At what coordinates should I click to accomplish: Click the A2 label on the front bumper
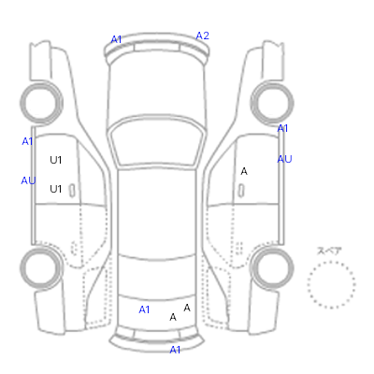click(x=202, y=36)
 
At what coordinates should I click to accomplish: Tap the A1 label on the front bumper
click(x=116, y=39)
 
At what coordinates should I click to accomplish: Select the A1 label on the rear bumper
click(x=175, y=350)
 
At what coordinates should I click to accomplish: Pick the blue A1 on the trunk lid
click(x=144, y=309)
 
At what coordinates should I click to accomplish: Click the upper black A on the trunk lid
click(x=187, y=308)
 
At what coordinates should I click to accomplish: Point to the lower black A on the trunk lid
click(x=173, y=317)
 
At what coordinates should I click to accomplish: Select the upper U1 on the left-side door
click(x=56, y=160)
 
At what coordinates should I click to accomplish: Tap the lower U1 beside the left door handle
click(x=56, y=189)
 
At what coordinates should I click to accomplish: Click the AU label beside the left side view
click(x=28, y=180)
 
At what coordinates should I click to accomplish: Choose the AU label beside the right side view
click(x=284, y=159)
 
